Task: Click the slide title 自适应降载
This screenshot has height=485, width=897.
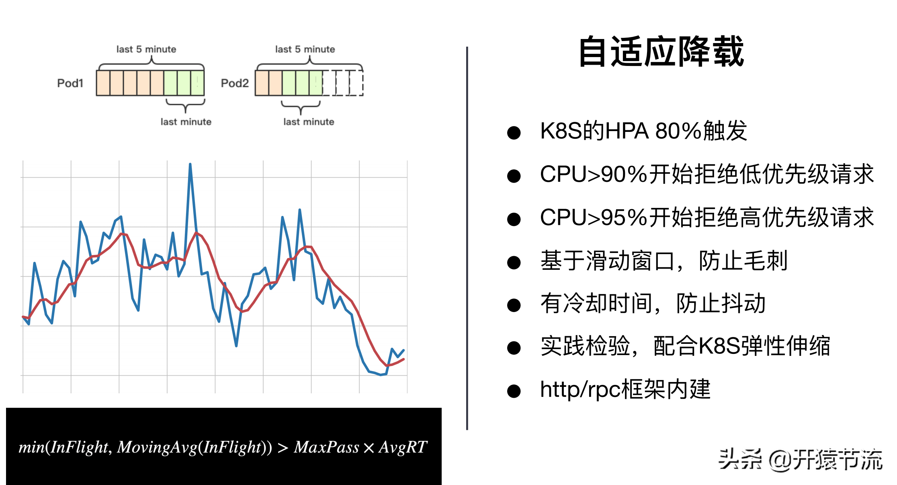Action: (661, 51)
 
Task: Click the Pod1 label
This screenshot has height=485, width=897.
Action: (70, 83)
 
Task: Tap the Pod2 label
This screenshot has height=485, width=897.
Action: (235, 83)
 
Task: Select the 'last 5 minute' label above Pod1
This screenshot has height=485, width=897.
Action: (146, 49)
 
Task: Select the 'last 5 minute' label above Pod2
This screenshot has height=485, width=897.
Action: (305, 49)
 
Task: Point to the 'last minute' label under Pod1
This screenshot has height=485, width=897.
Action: (186, 122)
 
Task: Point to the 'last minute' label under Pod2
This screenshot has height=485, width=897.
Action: (309, 122)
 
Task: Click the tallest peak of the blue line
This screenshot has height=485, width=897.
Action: (190, 164)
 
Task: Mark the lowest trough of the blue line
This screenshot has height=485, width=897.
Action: (381, 374)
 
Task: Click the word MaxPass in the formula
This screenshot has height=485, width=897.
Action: (326, 447)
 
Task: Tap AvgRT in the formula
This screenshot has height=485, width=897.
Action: (403, 447)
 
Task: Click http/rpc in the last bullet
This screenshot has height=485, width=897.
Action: (580, 390)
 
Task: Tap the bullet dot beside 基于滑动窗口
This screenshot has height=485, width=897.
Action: (514, 263)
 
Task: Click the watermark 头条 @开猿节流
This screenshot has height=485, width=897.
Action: (800, 459)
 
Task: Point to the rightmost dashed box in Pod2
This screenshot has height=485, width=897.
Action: (356, 83)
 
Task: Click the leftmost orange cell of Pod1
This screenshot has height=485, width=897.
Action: (103, 83)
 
